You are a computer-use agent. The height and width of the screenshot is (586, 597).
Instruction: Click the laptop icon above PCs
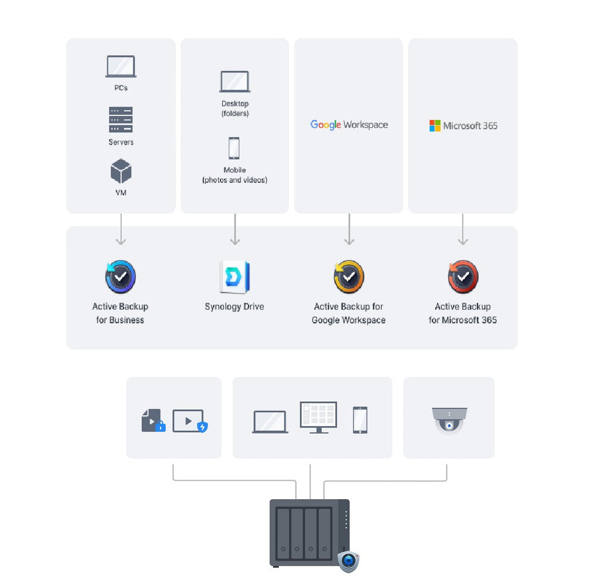pos(121,66)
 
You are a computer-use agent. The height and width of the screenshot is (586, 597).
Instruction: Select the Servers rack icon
pos(121,120)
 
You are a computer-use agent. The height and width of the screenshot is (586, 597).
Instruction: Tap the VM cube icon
pos(121,171)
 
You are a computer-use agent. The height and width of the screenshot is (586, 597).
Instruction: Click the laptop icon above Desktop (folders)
pos(235,82)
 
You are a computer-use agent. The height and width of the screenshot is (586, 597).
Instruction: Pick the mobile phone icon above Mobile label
pos(234,148)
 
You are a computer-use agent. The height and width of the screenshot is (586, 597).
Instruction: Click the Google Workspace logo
pos(349,125)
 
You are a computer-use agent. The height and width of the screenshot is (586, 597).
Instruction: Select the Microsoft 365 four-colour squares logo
pos(435,126)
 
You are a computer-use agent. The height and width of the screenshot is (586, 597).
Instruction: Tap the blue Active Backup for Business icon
pos(121,276)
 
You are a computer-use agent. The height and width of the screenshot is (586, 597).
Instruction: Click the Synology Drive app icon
pos(234,277)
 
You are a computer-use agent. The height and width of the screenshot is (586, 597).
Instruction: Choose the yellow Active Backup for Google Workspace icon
pos(349,276)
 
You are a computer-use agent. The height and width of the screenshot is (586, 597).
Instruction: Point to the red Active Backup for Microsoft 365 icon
pos(463,276)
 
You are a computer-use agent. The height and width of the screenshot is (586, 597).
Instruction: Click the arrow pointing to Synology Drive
pos(235,229)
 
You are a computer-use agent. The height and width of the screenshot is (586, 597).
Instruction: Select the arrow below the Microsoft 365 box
pos(463,229)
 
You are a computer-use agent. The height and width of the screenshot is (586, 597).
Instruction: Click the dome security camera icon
pos(449,420)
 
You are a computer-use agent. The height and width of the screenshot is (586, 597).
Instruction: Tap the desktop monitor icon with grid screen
pos(318,417)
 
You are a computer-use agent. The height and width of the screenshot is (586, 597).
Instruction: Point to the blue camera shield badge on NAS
pos(349,561)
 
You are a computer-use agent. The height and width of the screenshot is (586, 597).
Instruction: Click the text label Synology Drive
pos(234,307)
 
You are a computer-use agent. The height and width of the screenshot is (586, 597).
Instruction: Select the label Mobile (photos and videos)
pos(234,176)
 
